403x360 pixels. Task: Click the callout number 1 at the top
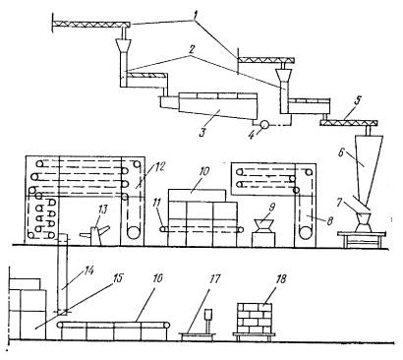pos(195,15)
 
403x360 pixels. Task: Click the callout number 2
pos(192,50)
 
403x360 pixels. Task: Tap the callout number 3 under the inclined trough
pos(202,133)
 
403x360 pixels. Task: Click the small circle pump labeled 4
pos(263,125)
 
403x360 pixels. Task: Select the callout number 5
pos(358,100)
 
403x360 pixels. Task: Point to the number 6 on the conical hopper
pos(342,153)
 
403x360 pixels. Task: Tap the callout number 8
pos(328,220)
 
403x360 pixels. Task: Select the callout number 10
pos(204,172)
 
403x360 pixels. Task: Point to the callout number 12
pos(155,167)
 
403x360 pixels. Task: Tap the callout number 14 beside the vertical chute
pos(88,271)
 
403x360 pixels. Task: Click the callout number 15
pos(117,278)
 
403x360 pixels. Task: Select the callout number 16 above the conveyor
pos(156,278)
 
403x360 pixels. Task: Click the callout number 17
pos(213,279)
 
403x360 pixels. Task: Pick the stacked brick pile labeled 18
pos(255,318)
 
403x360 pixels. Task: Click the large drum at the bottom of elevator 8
pos(306,233)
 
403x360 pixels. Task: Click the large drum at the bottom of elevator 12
pos(134,233)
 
